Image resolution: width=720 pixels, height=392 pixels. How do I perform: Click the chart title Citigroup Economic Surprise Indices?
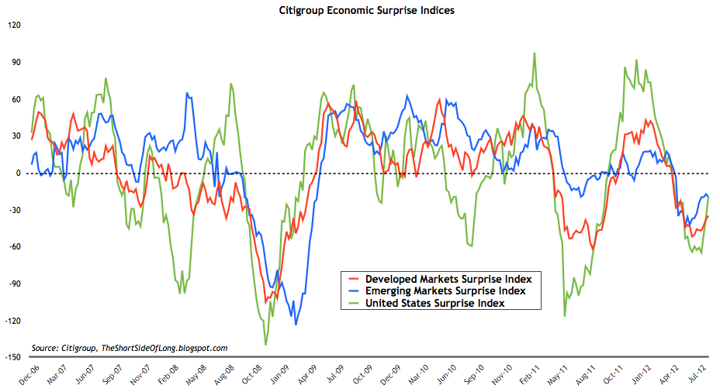point(366,10)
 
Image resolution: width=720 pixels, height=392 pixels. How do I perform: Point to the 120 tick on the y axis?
point(14,26)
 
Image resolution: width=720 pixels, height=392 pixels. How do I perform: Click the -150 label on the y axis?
point(13,357)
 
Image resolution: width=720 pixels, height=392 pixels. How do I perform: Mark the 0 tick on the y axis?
point(19,174)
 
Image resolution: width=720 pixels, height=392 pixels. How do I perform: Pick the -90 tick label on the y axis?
point(15,284)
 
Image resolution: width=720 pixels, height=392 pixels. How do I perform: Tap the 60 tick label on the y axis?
point(16,99)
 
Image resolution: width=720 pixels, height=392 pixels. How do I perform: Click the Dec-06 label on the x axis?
point(29,375)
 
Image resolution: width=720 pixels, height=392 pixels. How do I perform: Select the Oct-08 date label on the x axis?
point(251,375)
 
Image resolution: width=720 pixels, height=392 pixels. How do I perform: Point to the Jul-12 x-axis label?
point(697,374)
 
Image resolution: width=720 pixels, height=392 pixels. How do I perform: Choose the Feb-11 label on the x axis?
point(530,375)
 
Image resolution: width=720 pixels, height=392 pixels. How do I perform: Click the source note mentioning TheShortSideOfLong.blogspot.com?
point(130,348)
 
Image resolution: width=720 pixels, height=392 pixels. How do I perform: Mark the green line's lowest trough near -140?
point(265,345)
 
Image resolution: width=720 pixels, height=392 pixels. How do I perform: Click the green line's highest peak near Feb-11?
point(534,53)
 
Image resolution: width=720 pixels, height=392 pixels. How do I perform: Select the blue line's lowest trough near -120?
point(296,325)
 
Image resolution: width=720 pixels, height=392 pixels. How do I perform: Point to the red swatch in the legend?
point(354,279)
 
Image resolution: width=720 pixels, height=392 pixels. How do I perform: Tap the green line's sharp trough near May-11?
point(564,316)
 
